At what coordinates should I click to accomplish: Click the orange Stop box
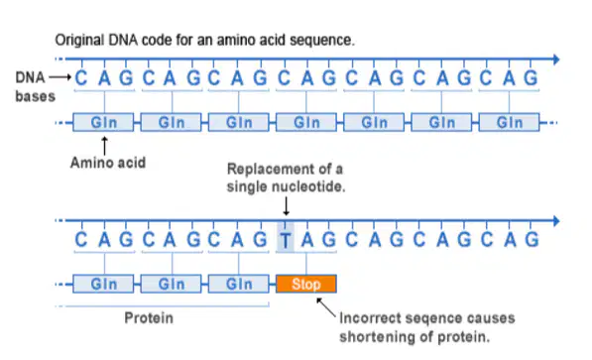point(306,284)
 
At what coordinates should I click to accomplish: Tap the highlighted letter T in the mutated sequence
point(286,240)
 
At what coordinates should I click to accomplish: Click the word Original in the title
point(79,40)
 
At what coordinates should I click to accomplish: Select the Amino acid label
point(108,163)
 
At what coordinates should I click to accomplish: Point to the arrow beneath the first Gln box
point(104,146)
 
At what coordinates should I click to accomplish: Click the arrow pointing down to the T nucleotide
point(287,206)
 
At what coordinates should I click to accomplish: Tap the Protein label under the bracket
point(149,318)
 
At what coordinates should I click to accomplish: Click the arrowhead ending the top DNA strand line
point(556,60)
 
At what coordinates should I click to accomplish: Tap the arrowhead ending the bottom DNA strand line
point(556,221)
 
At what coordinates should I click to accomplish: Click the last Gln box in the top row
point(509,122)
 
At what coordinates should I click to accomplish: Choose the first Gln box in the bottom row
point(103,284)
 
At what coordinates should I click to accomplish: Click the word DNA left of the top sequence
point(30,77)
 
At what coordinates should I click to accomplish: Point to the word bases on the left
point(35,97)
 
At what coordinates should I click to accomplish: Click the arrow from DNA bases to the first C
point(60,77)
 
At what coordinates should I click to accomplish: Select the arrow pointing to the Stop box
point(326,307)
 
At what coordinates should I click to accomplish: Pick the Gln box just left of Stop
point(239,284)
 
